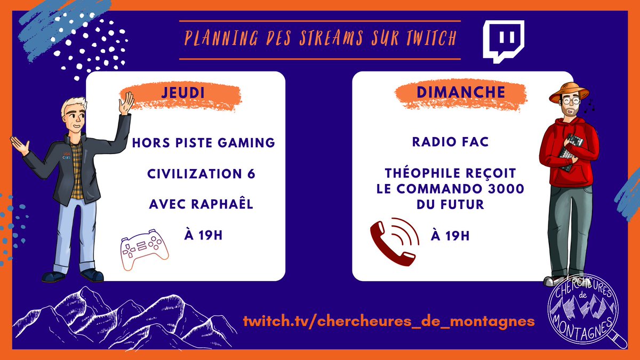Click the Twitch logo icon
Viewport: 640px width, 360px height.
point(503,41)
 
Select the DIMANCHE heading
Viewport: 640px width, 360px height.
point(460,92)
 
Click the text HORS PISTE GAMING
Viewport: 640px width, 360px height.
point(203,142)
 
